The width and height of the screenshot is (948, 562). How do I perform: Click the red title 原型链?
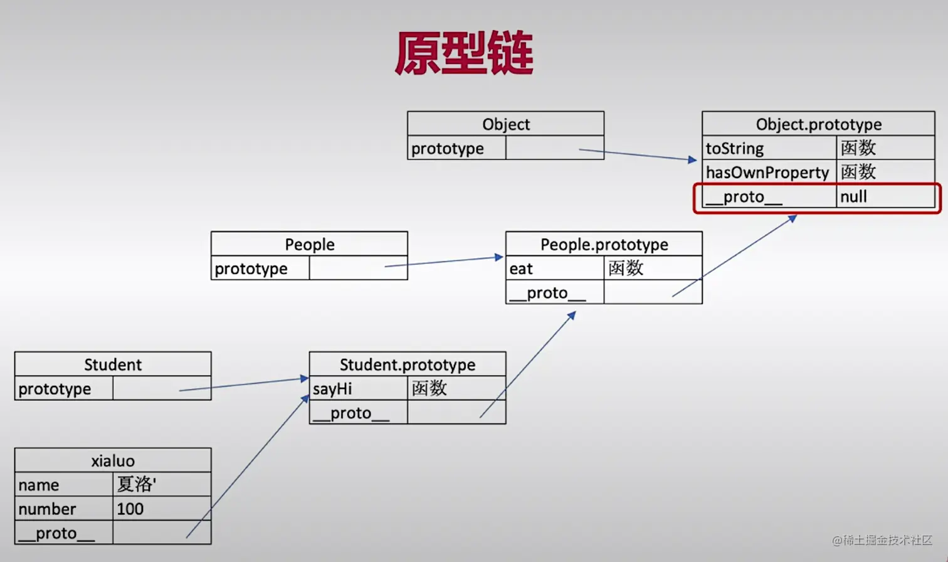(x=464, y=54)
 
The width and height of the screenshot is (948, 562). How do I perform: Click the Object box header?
(x=505, y=124)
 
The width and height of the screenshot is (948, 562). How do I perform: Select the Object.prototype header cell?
(x=818, y=124)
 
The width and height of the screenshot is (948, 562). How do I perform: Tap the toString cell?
(x=769, y=149)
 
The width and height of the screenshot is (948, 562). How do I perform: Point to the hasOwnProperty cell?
(x=769, y=172)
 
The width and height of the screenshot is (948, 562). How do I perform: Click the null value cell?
(x=885, y=197)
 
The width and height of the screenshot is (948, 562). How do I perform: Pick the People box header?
(x=309, y=244)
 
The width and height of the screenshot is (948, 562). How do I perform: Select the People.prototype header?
(x=604, y=244)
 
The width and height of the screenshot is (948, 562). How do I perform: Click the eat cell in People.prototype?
(x=554, y=268)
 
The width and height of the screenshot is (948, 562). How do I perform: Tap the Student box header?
(x=113, y=364)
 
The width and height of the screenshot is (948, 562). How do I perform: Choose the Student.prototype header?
(x=407, y=364)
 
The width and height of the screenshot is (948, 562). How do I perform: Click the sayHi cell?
(x=358, y=389)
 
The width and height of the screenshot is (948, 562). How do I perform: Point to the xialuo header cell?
(x=113, y=460)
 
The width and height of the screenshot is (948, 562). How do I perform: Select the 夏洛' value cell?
(x=162, y=484)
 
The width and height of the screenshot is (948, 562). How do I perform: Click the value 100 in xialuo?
(x=162, y=509)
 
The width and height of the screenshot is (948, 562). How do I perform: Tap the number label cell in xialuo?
(x=63, y=509)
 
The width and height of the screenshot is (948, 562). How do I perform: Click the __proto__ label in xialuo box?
(x=63, y=533)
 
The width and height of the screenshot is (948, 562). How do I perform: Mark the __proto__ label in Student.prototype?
(x=358, y=413)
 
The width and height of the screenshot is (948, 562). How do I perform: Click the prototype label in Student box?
(x=63, y=389)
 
